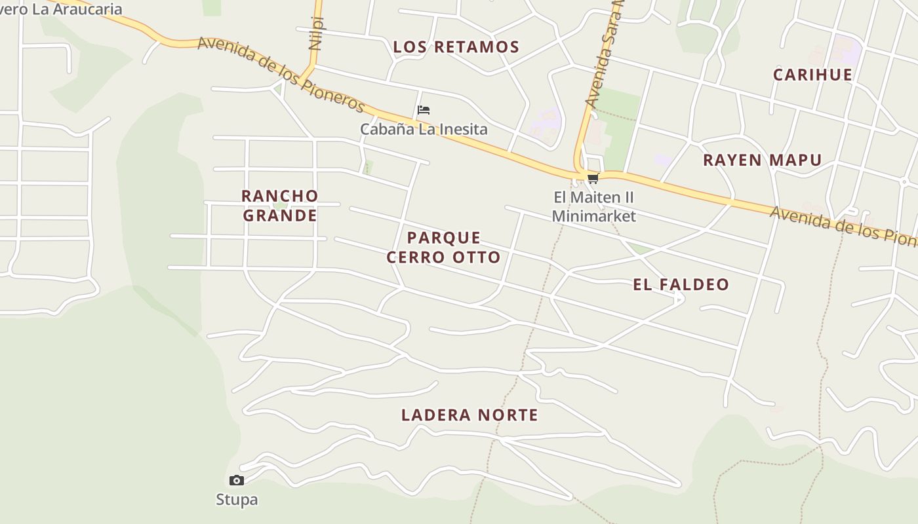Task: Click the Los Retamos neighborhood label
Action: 456,47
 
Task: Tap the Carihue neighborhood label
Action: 812,75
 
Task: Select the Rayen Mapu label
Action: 762,160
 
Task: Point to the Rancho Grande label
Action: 279,205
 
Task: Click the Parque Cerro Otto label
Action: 443,247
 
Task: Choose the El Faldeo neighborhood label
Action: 681,284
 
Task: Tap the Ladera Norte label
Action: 469,415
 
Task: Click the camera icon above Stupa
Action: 237,481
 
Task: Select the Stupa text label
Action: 237,500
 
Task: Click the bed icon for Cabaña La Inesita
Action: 424,110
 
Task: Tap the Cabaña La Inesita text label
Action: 424,129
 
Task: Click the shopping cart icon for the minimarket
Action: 593,178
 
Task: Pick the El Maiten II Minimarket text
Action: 594,206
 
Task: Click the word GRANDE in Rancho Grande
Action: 280,215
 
